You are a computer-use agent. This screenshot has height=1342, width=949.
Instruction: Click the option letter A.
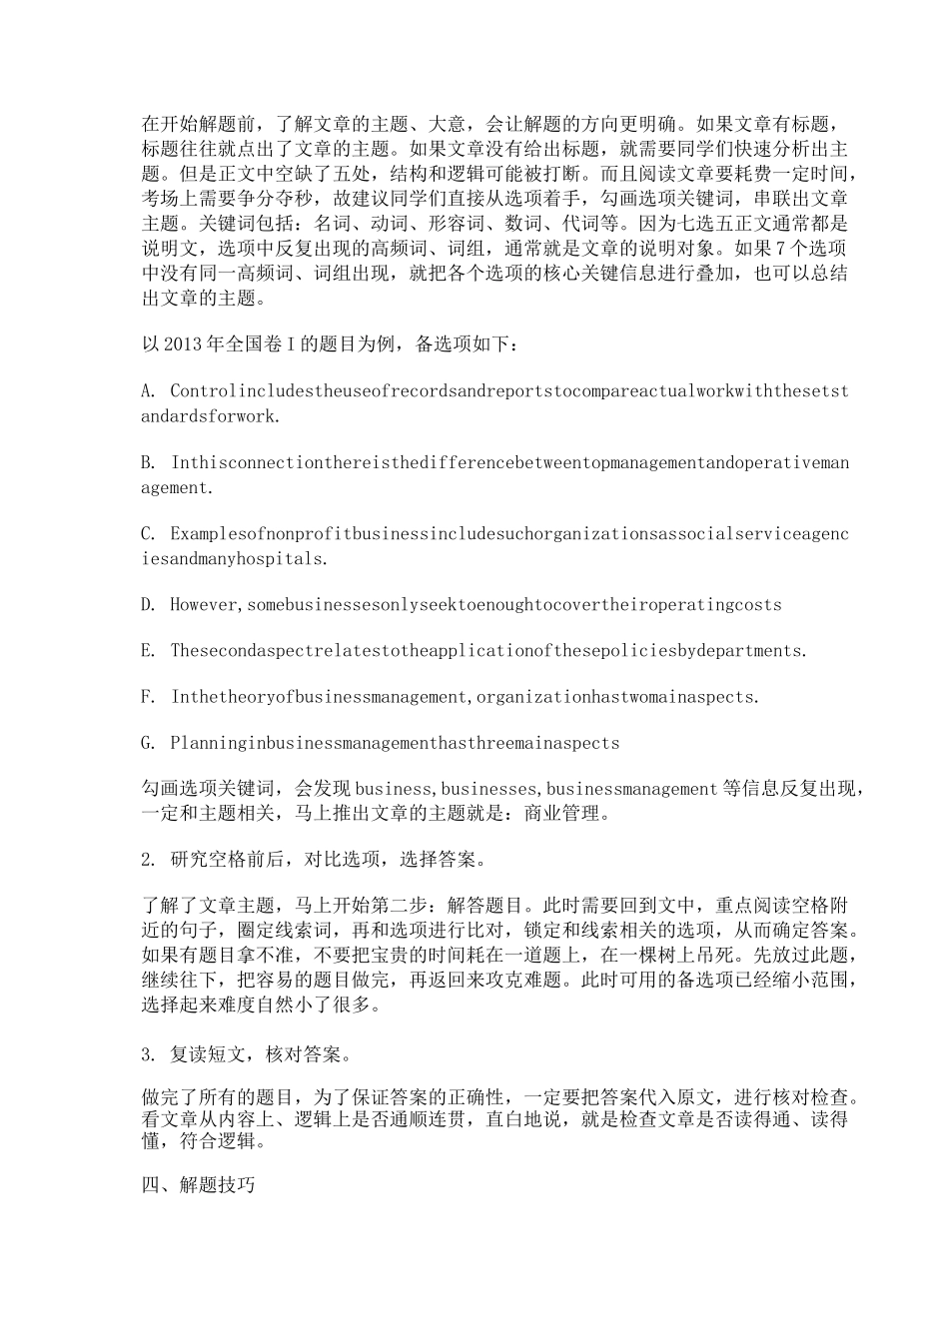coord(148,391)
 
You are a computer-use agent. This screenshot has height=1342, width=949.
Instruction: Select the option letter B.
coord(148,463)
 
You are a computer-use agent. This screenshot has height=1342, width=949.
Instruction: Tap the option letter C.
coord(148,534)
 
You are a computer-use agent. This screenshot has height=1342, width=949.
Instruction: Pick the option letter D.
coord(148,605)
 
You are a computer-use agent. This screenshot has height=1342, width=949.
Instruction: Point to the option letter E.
coord(148,651)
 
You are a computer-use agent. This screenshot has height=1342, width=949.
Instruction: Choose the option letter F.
coord(148,697)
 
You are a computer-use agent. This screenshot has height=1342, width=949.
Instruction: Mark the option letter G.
coord(148,743)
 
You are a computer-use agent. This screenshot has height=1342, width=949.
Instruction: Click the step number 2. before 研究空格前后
coord(148,860)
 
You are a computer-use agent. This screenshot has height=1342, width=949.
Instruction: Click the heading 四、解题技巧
coord(199,1185)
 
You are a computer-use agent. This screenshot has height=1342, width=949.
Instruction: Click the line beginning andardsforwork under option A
coord(210,416)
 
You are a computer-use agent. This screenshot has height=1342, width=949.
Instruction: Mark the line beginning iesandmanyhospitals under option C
coord(234,559)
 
